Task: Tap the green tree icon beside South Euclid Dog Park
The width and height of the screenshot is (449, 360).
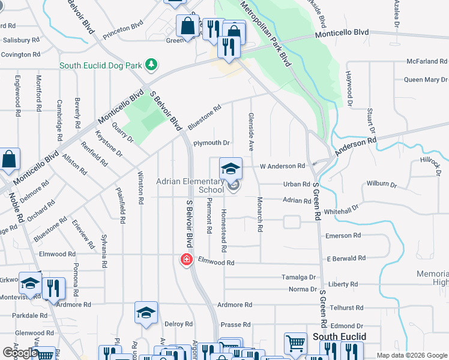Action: [x=152, y=64]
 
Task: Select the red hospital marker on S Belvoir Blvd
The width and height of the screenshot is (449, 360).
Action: [x=187, y=259]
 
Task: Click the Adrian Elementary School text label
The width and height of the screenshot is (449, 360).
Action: [x=190, y=185]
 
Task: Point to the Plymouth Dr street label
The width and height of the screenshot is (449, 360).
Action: [x=211, y=143]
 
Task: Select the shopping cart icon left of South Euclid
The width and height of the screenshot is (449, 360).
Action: [x=295, y=344]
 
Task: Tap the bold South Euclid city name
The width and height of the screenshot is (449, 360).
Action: [x=339, y=337]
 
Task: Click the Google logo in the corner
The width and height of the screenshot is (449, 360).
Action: [x=20, y=352]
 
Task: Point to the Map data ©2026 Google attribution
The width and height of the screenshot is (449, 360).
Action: [x=411, y=355]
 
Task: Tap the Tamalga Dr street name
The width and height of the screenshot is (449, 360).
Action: [x=298, y=277]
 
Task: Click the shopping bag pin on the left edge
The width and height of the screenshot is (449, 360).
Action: [x=10, y=160]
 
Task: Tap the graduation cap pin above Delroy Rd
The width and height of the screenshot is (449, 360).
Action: [x=146, y=313]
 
